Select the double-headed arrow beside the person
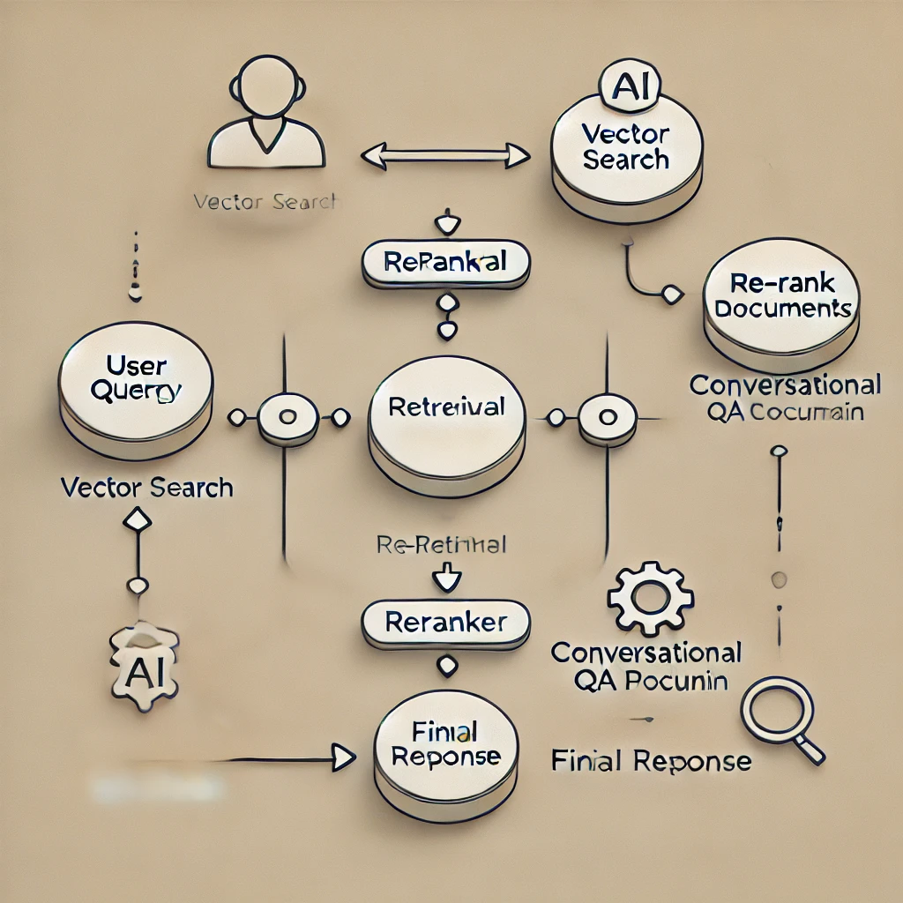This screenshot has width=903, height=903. pyautogui.click(x=445, y=157)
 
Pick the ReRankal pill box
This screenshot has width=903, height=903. pyautogui.click(x=446, y=262)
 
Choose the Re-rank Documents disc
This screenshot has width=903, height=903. pyautogui.click(x=781, y=300)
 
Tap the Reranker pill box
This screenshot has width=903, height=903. pyautogui.click(x=446, y=623)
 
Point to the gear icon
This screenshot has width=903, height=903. pyautogui.click(x=650, y=600)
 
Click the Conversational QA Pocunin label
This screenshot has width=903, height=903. pyautogui.click(x=646, y=666)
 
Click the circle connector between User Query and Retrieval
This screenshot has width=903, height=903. pyautogui.click(x=287, y=416)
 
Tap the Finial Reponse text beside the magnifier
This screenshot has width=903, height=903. pyautogui.click(x=651, y=760)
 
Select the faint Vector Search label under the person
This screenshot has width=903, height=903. pyautogui.click(x=265, y=201)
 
